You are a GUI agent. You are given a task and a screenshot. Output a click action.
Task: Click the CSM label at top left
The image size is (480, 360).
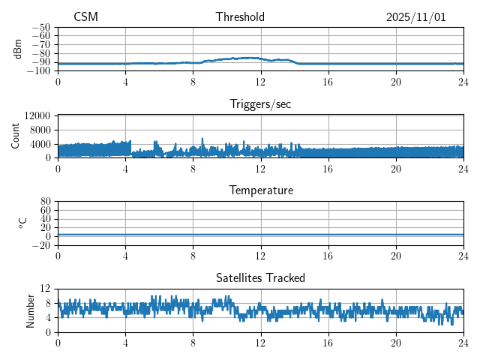pos(85,17)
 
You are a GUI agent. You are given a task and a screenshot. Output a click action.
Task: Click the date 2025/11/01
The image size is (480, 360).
pos(415,17)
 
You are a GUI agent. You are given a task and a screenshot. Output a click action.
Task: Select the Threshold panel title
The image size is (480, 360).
pos(240,17)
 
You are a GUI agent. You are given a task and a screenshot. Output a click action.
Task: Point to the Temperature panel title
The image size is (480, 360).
pos(260,190)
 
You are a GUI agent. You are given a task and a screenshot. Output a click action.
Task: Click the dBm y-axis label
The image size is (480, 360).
pos(17,49)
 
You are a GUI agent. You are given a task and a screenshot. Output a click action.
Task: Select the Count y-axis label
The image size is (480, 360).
pos(16,136)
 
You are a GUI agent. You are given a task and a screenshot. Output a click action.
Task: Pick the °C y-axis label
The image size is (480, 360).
pos(22,223)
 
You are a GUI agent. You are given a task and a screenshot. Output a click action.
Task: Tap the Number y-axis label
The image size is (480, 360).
pos(31,310)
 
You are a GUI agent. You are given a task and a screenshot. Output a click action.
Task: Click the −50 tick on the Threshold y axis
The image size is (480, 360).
pos(41,27)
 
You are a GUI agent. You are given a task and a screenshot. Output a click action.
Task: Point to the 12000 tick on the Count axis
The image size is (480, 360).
pos(37,115)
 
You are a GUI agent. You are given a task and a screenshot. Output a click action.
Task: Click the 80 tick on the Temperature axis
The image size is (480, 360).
pos(46,202)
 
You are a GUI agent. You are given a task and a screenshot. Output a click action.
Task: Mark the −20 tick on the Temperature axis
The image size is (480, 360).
pos(41,245)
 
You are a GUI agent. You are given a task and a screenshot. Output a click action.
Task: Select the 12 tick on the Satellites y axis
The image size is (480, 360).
pos(46,289)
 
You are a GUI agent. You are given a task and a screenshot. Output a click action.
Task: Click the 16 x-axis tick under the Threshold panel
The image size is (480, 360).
pos(328,82)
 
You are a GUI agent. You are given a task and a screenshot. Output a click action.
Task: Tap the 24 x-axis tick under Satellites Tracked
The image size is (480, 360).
pos(463,343)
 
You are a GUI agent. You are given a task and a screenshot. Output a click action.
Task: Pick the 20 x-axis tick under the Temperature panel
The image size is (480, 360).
pos(396,256)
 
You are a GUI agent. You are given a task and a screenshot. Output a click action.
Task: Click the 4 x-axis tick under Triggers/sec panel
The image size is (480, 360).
pos(125,169)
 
